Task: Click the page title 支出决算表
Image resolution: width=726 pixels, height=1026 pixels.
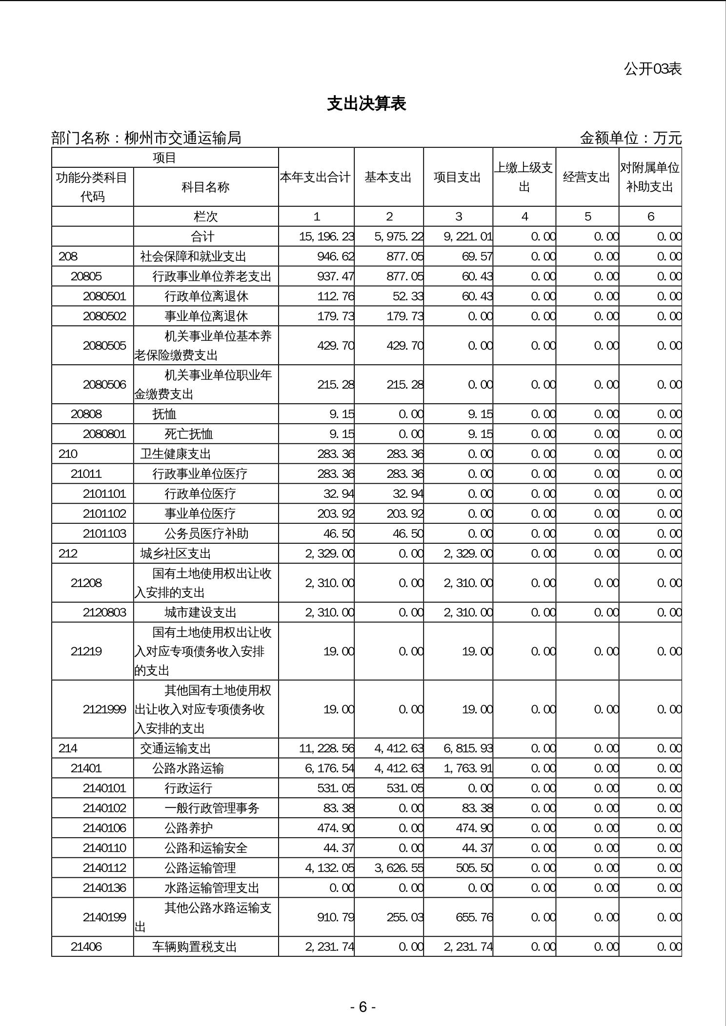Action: click(366, 104)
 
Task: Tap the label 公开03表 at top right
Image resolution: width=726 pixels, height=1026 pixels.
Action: click(652, 69)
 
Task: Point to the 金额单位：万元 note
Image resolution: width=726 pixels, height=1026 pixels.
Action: click(630, 138)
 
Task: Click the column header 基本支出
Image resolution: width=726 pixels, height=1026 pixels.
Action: click(388, 177)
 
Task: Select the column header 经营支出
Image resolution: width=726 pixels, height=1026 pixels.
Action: click(586, 177)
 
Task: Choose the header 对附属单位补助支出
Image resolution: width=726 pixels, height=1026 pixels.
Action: click(650, 177)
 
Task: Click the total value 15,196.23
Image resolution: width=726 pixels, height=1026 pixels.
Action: click(326, 237)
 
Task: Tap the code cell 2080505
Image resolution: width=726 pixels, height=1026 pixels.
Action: click(104, 345)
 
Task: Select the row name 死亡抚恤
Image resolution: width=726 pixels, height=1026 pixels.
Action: click(188, 434)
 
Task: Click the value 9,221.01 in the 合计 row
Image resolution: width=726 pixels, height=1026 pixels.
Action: click(468, 237)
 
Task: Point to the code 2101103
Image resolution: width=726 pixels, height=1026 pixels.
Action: click(104, 533)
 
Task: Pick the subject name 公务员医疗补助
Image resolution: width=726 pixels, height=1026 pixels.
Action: click(206, 533)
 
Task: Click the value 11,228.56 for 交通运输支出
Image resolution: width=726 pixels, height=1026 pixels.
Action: click(326, 749)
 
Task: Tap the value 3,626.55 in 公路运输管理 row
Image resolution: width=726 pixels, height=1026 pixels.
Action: click(399, 868)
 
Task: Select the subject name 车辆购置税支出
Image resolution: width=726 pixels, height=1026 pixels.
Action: click(194, 947)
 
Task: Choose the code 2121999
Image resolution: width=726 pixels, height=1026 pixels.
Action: click(104, 709)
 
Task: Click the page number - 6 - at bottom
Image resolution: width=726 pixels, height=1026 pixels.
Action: click(363, 1006)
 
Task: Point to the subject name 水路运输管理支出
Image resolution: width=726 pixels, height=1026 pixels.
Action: click(212, 888)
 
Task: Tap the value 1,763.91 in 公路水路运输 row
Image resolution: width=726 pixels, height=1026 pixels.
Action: click(468, 769)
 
